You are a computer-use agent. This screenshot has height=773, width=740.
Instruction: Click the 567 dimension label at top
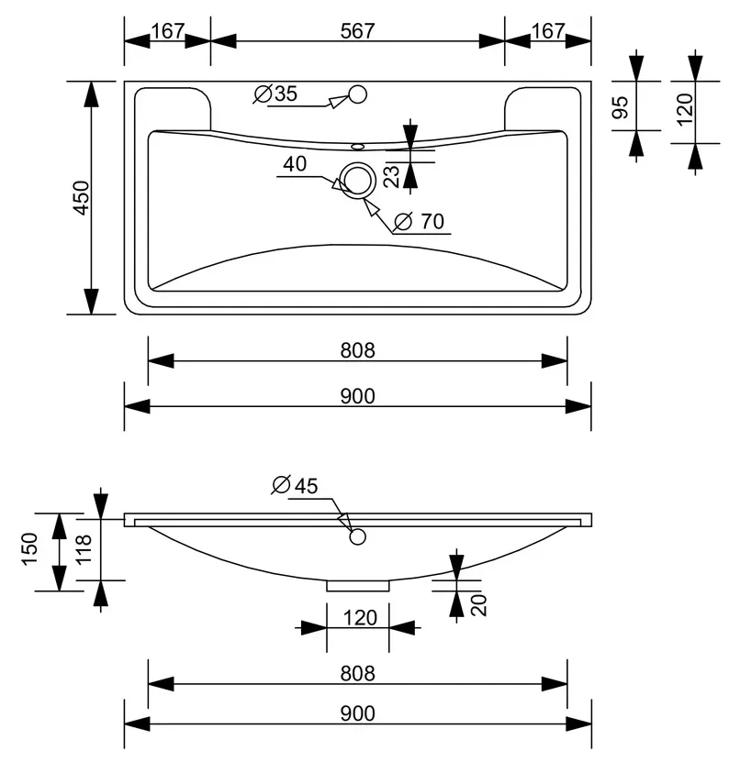pyautogui.click(x=357, y=31)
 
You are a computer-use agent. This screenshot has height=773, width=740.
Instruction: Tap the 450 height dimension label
pyautogui.click(x=82, y=198)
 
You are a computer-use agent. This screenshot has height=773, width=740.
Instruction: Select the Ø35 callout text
pyautogui.click(x=276, y=94)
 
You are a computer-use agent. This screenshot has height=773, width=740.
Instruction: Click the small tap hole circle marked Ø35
pyautogui.click(x=357, y=94)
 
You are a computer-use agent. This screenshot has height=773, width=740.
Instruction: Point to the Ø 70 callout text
pyautogui.click(x=420, y=221)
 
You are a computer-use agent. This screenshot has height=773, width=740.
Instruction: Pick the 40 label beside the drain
pyautogui.click(x=295, y=163)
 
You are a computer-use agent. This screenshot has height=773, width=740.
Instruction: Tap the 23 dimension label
pyautogui.click(x=391, y=176)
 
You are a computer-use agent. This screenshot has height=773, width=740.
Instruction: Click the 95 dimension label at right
pyautogui.click(x=620, y=107)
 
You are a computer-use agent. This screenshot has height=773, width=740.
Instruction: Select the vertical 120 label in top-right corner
pyautogui.click(x=685, y=109)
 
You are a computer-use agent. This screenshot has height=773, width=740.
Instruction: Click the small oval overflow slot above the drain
pyautogui.click(x=357, y=147)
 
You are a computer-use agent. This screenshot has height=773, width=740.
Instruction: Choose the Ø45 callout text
pyautogui.click(x=295, y=486)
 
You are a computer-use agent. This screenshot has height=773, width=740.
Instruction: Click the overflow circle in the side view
pyautogui.click(x=357, y=536)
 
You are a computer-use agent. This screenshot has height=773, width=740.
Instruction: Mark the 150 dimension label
pyautogui.click(x=29, y=548)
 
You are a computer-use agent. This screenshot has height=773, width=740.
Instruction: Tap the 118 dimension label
pyautogui.click(x=84, y=548)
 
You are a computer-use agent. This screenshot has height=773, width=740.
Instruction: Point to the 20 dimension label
pyautogui.click(x=478, y=605)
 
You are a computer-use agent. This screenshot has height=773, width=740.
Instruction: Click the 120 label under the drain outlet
pyautogui.click(x=360, y=618)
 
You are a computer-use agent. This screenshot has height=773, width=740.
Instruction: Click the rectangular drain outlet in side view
pyautogui.click(x=358, y=586)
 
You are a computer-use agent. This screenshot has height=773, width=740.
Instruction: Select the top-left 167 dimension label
pyautogui.click(x=168, y=31)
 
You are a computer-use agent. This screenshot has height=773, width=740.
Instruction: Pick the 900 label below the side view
pyautogui.click(x=357, y=713)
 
